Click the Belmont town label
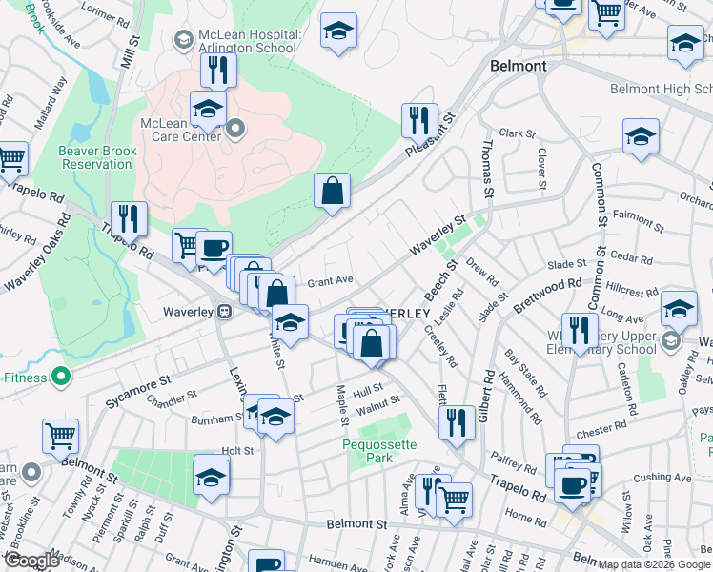(518, 66)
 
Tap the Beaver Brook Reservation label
(95, 156)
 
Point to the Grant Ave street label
(330, 281)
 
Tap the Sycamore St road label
(137, 388)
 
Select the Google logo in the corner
(31, 561)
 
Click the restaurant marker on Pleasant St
(419, 121)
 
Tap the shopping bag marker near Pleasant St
(332, 191)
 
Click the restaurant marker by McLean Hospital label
(218, 71)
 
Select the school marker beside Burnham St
(275, 418)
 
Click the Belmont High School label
(661, 89)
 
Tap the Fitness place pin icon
(62, 377)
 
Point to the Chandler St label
(172, 394)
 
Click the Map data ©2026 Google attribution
(655, 563)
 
